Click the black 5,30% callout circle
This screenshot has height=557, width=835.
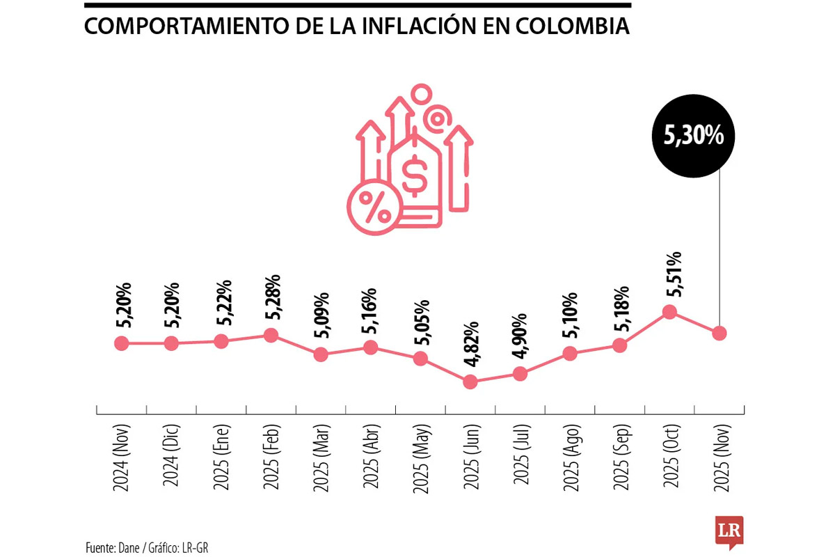(x=694, y=136)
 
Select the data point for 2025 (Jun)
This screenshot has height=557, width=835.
(x=470, y=382)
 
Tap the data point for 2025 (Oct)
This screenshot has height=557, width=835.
(x=669, y=311)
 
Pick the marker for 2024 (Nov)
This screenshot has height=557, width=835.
(x=122, y=343)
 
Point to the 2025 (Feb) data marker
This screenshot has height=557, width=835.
(x=271, y=335)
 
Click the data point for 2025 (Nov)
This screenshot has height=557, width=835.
(x=719, y=333)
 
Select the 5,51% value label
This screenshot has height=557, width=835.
(x=673, y=273)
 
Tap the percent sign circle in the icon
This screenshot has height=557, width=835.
(x=374, y=205)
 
